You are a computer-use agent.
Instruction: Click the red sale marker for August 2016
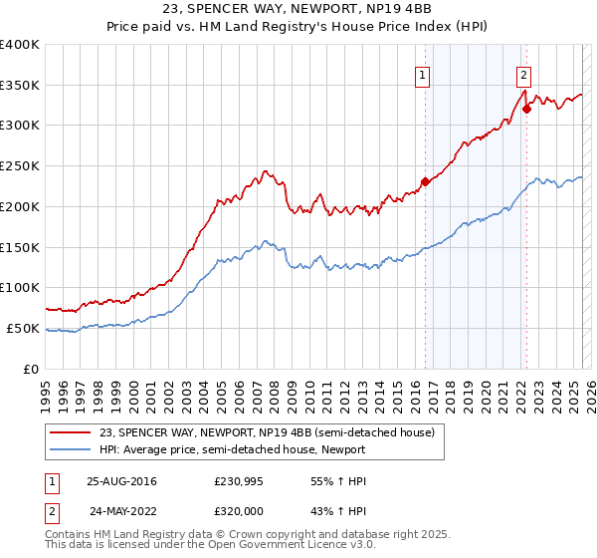pos(425,181)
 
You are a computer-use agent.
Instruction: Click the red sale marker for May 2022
pos(526,109)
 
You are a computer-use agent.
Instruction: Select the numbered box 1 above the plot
pos(423,74)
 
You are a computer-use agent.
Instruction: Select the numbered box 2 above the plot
pos(523,74)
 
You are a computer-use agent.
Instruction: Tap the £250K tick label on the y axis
pos(20,166)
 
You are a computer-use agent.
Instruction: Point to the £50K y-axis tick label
pos(24,328)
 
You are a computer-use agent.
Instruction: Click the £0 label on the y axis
pos(32,369)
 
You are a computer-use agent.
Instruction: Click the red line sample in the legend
pos(70,433)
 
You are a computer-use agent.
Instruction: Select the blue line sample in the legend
pos(70,450)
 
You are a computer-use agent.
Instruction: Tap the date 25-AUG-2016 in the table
pos(121,481)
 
